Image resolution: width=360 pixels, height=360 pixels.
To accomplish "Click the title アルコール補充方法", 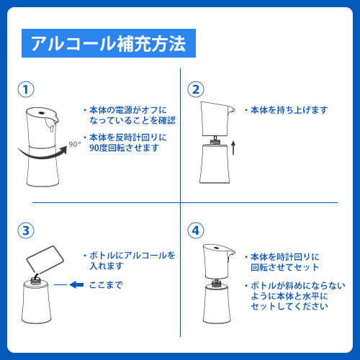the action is coord(109,43).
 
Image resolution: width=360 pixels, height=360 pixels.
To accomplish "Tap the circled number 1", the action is coord(26,89).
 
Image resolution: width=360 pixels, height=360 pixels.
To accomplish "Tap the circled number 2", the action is coord(196,89).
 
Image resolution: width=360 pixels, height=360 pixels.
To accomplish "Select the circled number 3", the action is coord(26,230).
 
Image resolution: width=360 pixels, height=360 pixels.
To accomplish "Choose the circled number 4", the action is coord(196,230).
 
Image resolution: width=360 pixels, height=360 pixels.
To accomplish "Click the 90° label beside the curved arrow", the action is coord(75,144).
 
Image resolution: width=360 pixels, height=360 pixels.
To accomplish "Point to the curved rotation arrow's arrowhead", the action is coord(63,150).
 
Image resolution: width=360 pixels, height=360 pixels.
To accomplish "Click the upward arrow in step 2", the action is coord(233,148).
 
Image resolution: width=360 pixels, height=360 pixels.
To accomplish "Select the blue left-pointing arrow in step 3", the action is coord(76,285).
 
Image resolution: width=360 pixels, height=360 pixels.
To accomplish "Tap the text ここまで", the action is coord(106,285).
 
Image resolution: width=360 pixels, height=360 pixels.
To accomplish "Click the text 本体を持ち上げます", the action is coord(289,110).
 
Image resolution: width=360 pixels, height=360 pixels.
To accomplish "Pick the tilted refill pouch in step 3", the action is coord(45,260).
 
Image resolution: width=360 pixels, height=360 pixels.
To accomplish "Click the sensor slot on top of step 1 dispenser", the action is coord(41,112).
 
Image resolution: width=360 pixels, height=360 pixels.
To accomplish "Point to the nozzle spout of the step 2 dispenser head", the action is coord(231,110).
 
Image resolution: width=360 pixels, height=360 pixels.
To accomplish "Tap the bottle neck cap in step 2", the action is coord(215,141).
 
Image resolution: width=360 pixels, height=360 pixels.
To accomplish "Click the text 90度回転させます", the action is coord(125,148).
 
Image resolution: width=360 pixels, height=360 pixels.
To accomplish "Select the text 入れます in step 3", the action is coord(107,266).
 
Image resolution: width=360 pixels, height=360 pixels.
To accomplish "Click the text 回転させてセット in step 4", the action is coord(284,267).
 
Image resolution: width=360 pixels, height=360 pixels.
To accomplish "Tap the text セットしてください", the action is coord(289,306).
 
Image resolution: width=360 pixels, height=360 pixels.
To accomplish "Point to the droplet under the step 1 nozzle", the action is coord(51,128).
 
